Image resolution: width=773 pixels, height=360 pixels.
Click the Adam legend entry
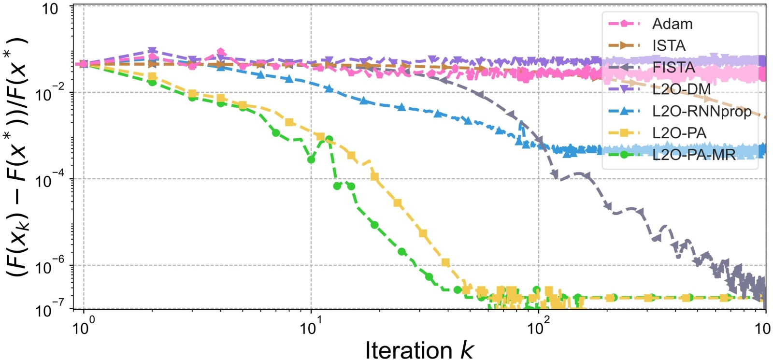point(672,24)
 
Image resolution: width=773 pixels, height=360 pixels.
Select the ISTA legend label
point(669,45)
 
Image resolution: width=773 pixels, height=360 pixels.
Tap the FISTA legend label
point(673,67)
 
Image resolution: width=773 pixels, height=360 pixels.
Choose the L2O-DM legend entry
point(681,89)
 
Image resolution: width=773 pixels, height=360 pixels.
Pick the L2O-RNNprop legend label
point(701,111)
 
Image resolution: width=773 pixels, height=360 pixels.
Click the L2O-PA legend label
point(679,133)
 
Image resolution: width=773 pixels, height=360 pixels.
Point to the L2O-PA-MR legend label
point(694,155)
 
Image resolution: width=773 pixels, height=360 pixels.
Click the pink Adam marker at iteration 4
point(221,52)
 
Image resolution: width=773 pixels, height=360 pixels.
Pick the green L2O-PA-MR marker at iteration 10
point(311,159)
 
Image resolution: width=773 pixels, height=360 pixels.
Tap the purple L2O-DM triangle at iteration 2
point(152,51)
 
